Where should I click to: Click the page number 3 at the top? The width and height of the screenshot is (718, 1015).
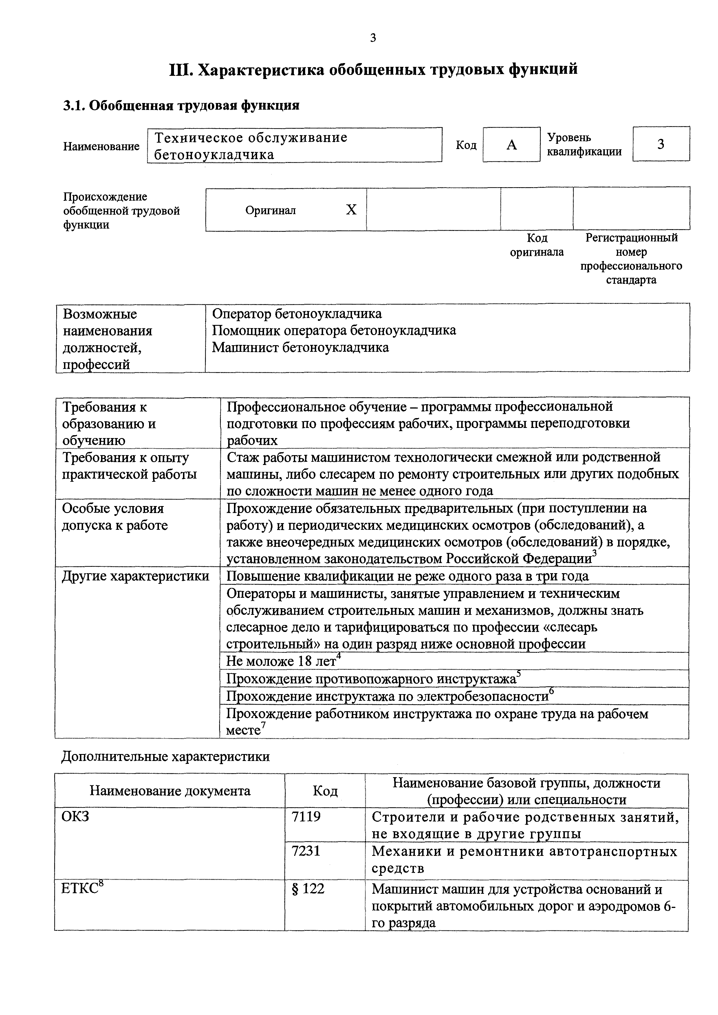coord(373,38)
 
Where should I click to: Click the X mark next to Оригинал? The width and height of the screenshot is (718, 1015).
coord(351,209)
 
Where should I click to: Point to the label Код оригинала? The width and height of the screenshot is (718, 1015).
coord(537,245)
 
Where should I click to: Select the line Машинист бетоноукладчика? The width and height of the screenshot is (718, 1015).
coord(301,347)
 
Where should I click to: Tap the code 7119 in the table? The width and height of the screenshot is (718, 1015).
coord(306,817)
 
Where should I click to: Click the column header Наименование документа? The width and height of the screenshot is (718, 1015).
coord(170,791)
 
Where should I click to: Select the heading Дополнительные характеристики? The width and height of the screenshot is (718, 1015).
coord(165,756)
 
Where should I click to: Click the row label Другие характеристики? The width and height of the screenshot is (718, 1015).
coord(135,576)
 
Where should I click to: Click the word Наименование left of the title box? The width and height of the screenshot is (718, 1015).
coord(101,146)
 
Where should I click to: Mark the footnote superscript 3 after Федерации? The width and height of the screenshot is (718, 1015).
coord(594,554)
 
